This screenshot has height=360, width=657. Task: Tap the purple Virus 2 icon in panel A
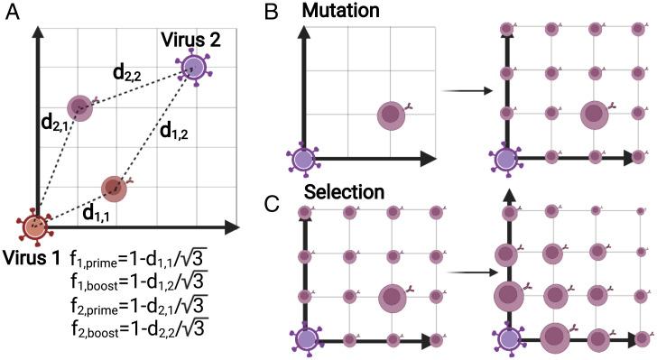[192, 66]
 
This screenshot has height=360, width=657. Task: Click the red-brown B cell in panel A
[113, 187]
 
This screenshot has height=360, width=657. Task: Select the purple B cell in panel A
[80, 108]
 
